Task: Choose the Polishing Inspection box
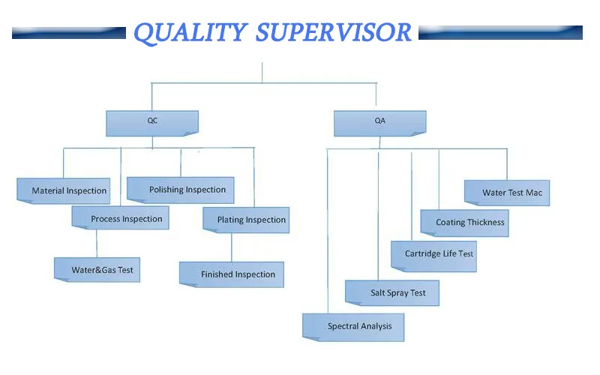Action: click(x=181, y=190)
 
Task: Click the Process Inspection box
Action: click(x=121, y=218)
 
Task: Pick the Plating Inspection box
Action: click(x=246, y=220)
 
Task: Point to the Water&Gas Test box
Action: click(x=97, y=269)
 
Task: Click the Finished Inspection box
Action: click(x=232, y=274)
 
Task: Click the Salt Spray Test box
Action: click(x=392, y=292)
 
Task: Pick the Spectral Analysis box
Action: click(x=353, y=326)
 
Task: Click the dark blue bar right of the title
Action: click(x=500, y=33)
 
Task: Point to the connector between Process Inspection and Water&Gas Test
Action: click(x=97, y=244)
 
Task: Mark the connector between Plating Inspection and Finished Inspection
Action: click(x=232, y=247)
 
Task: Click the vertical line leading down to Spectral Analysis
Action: click(x=328, y=232)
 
